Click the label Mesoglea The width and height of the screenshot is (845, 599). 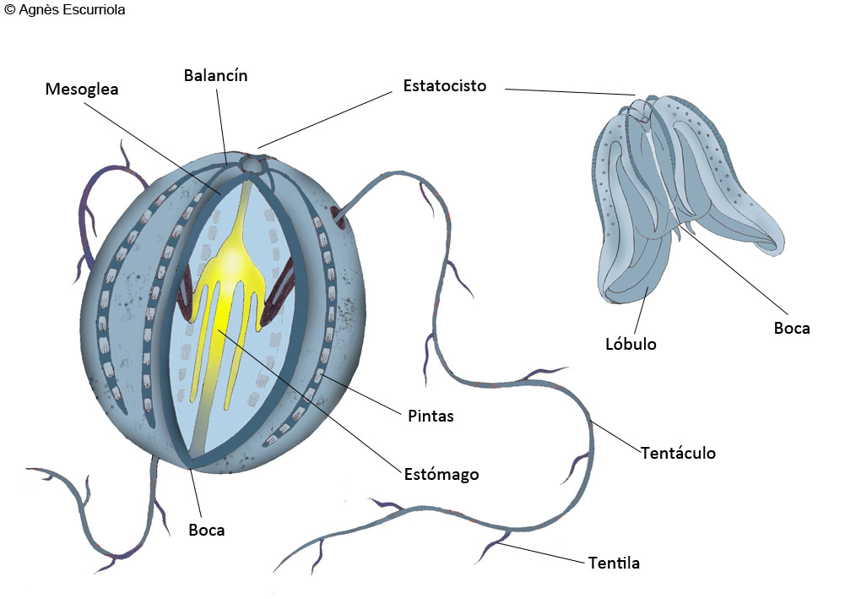(x=82, y=89)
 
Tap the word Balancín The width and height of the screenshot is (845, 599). (x=215, y=75)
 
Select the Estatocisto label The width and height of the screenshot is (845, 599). (x=445, y=85)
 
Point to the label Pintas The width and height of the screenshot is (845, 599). (x=431, y=416)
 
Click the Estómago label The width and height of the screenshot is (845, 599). (x=441, y=475)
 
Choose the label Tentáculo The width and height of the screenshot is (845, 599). (x=678, y=452)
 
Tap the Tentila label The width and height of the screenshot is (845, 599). (x=614, y=563)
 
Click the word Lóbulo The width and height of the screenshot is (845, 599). (x=631, y=344)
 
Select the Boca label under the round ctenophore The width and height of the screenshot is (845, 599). (x=207, y=530)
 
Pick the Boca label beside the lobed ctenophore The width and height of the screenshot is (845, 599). (x=792, y=328)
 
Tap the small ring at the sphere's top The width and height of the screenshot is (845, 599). (x=251, y=164)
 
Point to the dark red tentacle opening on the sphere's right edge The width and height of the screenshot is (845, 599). (x=339, y=215)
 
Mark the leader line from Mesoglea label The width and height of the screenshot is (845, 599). (x=153, y=148)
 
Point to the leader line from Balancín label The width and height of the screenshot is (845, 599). (x=221, y=125)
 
